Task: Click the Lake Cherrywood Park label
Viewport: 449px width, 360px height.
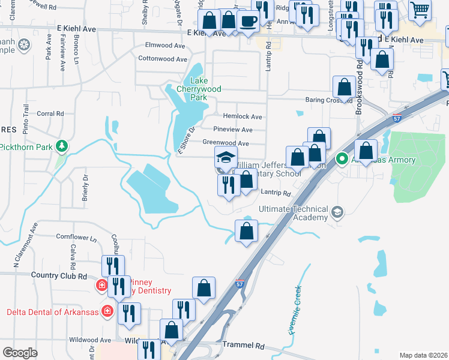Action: pos(206,89)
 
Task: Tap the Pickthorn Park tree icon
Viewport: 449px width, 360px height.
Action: pos(61,146)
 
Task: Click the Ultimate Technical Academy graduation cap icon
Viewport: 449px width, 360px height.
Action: pos(337,211)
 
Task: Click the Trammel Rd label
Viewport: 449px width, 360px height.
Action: pos(243,346)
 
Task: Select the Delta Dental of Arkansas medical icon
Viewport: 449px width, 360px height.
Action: pos(107,311)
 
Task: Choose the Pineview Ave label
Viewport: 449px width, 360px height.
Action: pos(232,130)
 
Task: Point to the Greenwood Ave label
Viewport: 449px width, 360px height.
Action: pos(225,143)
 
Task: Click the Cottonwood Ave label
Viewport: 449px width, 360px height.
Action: pos(163,59)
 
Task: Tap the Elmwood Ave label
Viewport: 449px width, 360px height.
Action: pos(165,45)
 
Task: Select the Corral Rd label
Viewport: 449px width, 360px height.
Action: pos(50,113)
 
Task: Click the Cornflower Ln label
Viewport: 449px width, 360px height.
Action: pos(76,237)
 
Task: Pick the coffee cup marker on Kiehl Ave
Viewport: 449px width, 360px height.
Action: pos(247,22)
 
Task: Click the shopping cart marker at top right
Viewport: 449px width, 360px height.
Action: pos(420,9)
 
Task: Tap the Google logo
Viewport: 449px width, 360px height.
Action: pos(20,353)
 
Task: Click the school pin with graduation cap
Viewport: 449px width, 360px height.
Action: pos(226,158)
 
